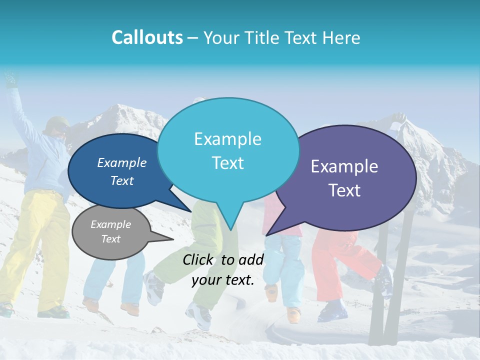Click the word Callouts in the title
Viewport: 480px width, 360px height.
tap(147, 37)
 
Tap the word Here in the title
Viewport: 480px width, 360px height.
tap(341, 37)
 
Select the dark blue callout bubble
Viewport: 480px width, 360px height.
tap(117, 171)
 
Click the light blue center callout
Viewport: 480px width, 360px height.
tap(228, 150)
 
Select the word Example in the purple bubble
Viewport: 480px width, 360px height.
tap(344, 166)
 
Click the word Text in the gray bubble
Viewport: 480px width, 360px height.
tap(111, 239)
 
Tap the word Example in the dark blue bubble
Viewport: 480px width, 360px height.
tap(122, 163)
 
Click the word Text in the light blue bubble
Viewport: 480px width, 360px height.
tap(228, 163)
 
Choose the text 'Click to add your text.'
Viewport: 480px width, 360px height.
tap(223, 270)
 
